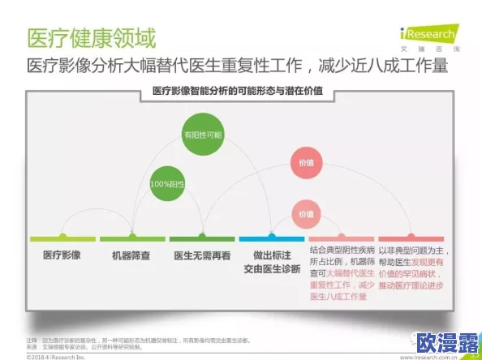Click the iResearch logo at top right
[428, 37]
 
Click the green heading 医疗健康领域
[91, 37]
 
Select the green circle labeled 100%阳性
[168, 183]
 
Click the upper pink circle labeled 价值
[305, 163]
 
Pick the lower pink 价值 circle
[305, 214]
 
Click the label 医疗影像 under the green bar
[62, 255]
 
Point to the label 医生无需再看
[202, 255]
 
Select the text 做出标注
[271, 255]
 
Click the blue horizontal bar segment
[271, 239]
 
